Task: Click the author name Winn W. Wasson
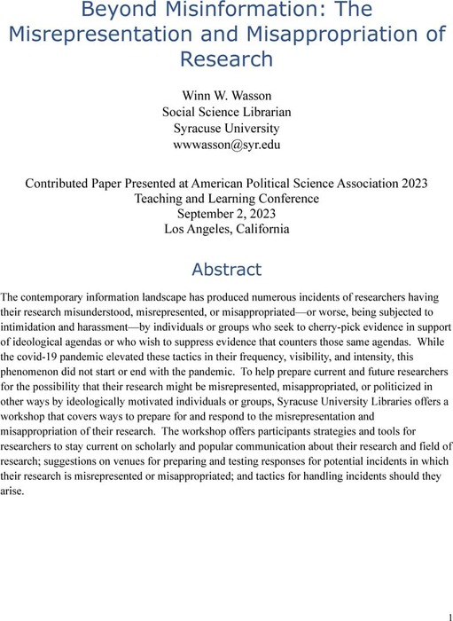point(226,95)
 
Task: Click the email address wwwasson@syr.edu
point(226,143)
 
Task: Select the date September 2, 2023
point(226,216)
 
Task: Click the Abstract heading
point(226,269)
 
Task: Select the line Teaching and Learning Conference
point(226,200)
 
